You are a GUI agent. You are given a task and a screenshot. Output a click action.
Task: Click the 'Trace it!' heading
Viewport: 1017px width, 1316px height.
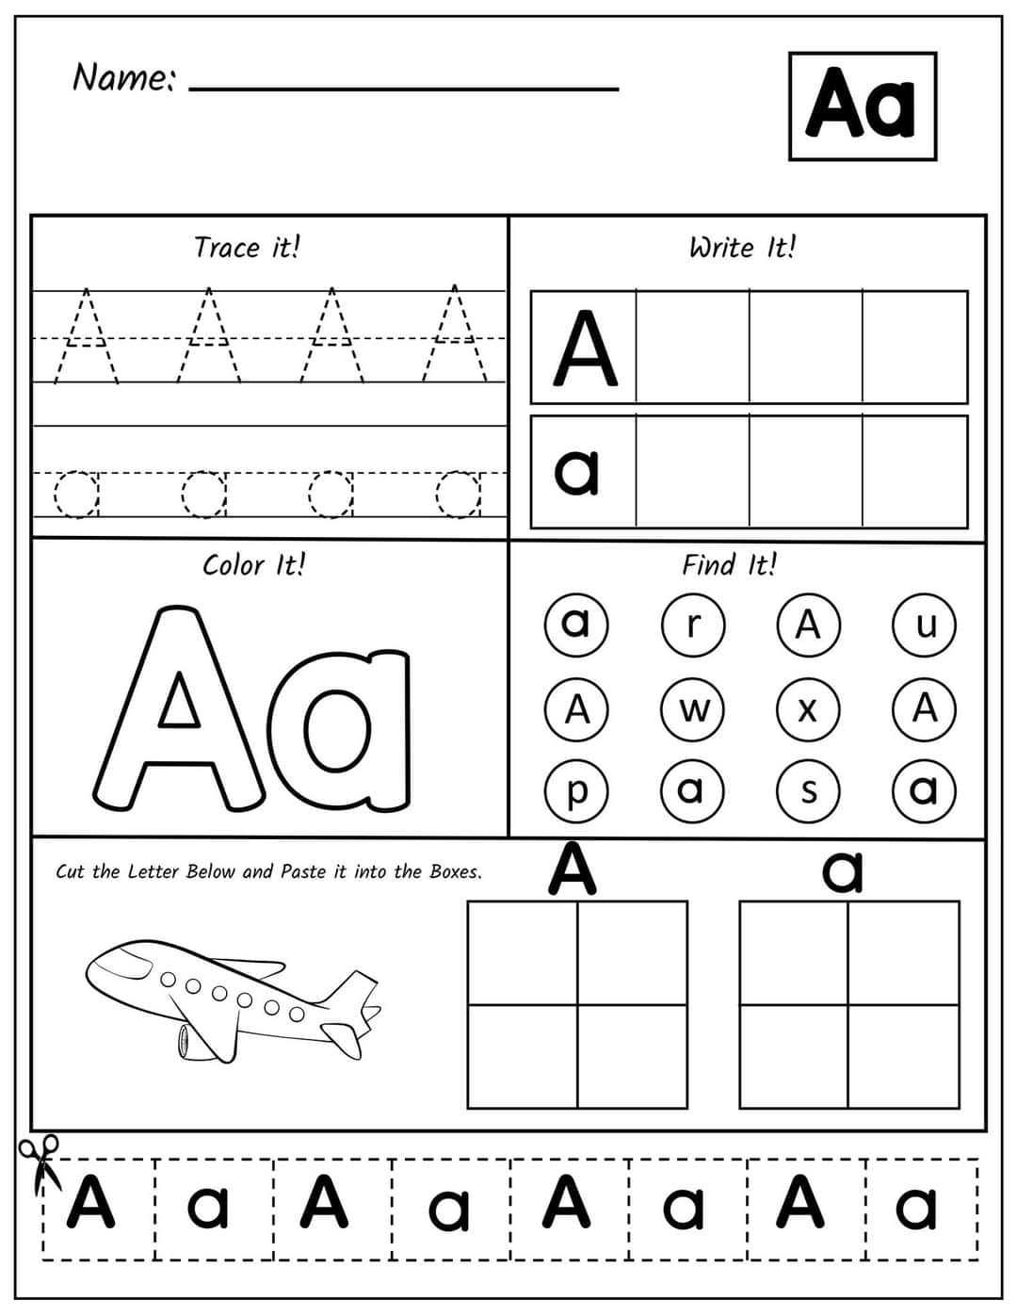point(247,248)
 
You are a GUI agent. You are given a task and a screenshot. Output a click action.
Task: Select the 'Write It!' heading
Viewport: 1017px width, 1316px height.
point(742,248)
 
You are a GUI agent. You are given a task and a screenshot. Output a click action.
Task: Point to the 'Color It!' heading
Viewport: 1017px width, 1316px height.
point(253,565)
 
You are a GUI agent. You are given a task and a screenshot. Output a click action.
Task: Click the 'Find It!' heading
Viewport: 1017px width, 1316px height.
point(730,565)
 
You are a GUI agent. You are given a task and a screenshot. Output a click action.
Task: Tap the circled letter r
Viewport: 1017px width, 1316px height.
point(692,625)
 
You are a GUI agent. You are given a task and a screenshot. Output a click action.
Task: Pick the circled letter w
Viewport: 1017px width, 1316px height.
point(692,707)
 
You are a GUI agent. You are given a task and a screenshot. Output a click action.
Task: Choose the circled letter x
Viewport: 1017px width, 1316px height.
point(808,707)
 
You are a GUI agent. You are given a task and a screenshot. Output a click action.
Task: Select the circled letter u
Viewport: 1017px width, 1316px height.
point(925,625)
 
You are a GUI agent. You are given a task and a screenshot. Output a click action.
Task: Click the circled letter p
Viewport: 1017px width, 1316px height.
point(576,790)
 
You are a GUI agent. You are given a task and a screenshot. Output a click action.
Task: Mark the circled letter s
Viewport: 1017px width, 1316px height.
point(808,790)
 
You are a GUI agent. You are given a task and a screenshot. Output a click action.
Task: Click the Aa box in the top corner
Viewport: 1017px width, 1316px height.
point(862,106)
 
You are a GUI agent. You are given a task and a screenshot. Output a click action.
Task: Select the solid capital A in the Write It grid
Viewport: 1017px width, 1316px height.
point(585,349)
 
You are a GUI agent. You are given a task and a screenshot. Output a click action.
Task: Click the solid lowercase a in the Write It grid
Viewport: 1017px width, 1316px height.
point(577,471)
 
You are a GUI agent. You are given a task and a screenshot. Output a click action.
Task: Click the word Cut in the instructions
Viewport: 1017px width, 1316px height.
point(70,871)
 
